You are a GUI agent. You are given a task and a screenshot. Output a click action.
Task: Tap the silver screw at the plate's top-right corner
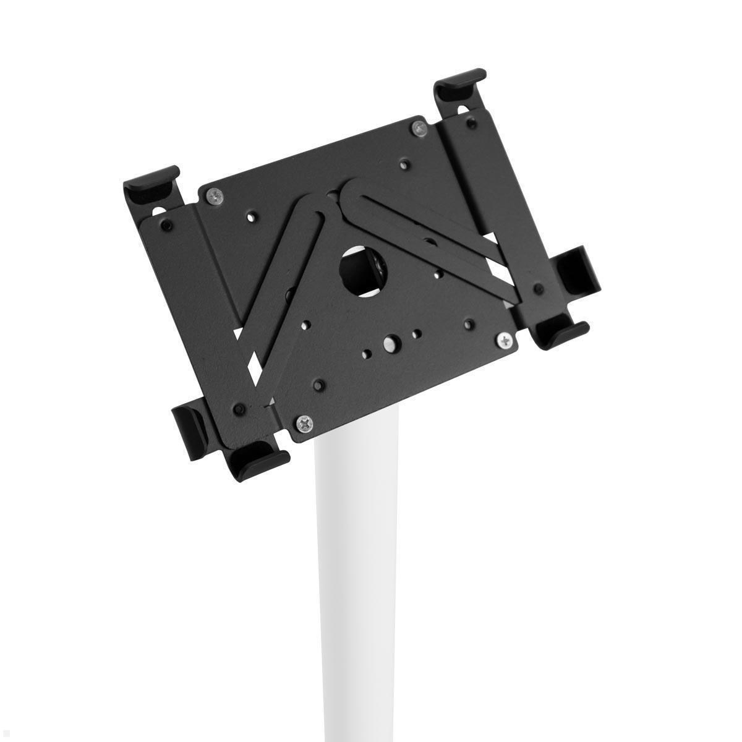419,128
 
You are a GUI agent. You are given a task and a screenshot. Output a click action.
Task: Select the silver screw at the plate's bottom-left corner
305,424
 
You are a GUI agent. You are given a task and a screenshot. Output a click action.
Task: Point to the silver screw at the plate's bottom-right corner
506,339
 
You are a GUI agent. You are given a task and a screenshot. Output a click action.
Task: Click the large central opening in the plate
357,270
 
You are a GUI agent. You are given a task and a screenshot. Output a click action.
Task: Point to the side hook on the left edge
185,420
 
